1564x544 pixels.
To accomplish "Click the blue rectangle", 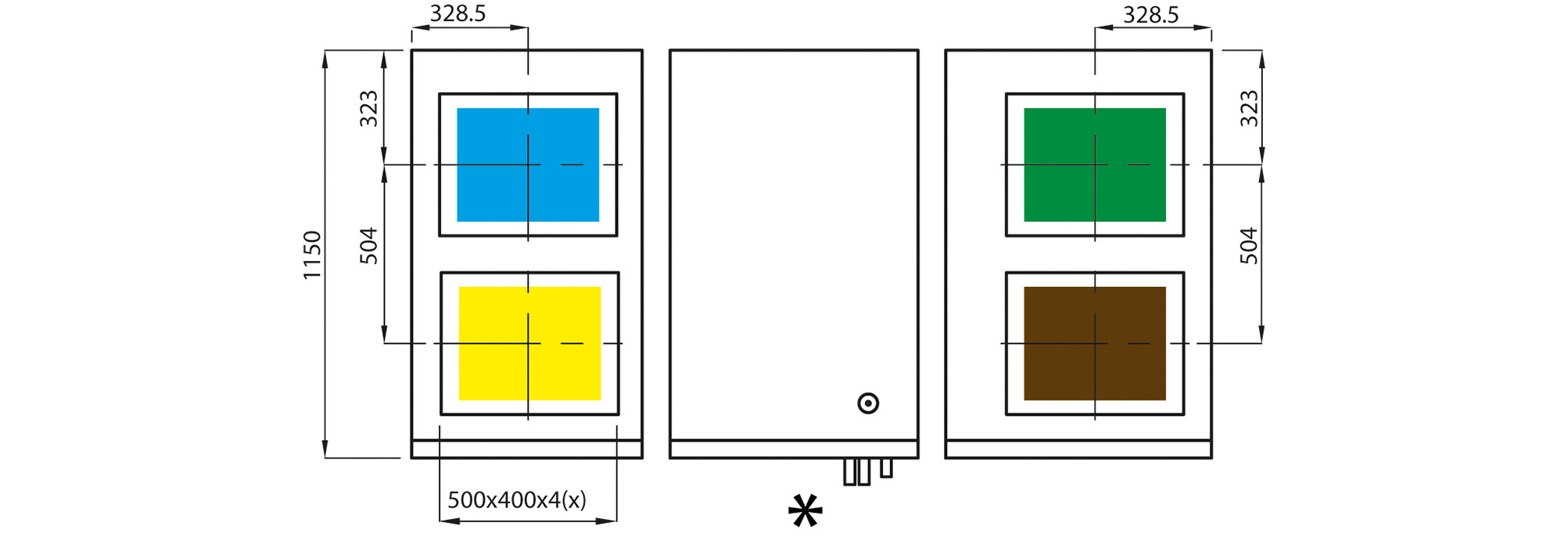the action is (528, 165).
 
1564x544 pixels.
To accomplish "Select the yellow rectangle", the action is (529, 343).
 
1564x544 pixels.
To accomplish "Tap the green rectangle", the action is (1095, 165).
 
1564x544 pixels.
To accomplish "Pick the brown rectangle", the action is (1095, 343).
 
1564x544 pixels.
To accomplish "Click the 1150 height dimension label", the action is (312, 255).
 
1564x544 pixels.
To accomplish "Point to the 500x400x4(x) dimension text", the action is (517, 499).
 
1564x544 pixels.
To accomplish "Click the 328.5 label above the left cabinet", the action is (458, 13).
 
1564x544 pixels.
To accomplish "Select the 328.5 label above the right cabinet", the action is (1151, 14).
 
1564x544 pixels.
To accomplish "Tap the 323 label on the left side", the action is (368, 109).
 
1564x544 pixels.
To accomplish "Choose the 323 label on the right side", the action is (1249, 109).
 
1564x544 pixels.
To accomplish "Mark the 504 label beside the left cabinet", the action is (368, 245).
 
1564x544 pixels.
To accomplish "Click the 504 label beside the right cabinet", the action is (1249, 245).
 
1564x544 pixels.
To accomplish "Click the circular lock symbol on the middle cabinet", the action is (868, 403).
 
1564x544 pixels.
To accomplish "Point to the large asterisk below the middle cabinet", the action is (805, 511).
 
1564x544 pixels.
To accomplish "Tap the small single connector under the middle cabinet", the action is (886, 468).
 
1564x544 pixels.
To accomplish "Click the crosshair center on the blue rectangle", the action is (528, 165).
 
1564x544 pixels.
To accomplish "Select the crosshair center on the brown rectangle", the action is (1095, 343).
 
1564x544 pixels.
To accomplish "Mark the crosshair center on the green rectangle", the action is (1095, 165).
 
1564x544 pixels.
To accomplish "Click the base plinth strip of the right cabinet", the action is (1078, 449).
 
